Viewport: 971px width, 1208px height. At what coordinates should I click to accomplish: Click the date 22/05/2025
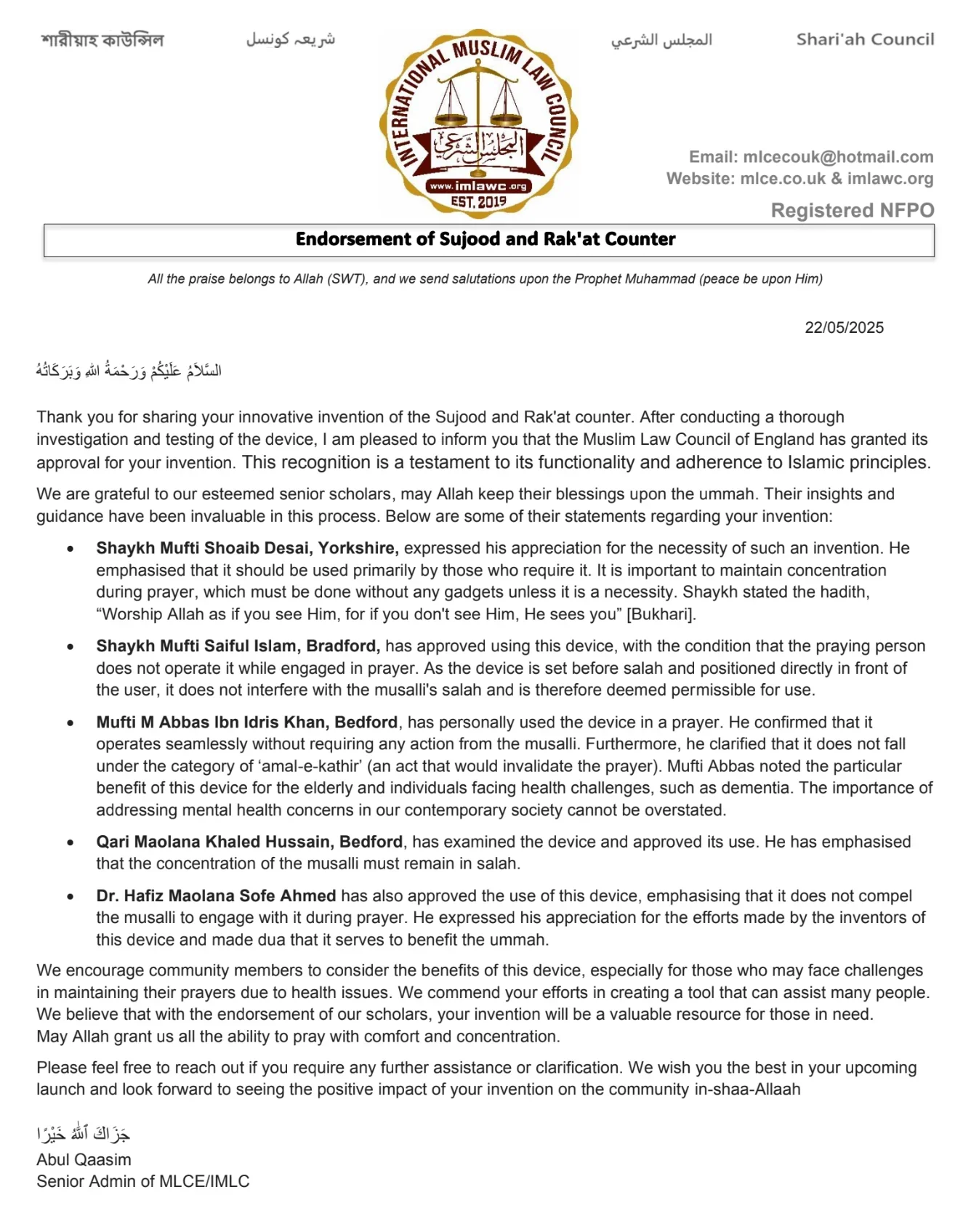coord(844,328)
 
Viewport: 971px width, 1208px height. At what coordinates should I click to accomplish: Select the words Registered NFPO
coord(852,211)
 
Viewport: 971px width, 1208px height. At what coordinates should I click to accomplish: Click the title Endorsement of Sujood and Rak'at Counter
coord(485,239)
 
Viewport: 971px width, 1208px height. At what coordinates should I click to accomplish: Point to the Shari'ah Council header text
coord(865,39)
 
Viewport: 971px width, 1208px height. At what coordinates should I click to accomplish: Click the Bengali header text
coord(102,39)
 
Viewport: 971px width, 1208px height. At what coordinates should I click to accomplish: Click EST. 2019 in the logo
coord(478,201)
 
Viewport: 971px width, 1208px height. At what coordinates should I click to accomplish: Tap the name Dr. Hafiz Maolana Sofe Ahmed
coord(216,896)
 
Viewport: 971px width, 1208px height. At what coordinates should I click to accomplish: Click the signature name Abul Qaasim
coord(84,1160)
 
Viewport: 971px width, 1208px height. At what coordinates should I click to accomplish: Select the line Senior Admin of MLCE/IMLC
coord(143,1182)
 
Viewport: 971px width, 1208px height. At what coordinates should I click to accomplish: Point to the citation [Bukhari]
coord(661,614)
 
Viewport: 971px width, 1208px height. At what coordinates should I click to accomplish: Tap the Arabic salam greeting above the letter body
coord(129,371)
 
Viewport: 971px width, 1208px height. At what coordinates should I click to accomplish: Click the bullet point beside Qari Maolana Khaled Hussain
coord(70,842)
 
